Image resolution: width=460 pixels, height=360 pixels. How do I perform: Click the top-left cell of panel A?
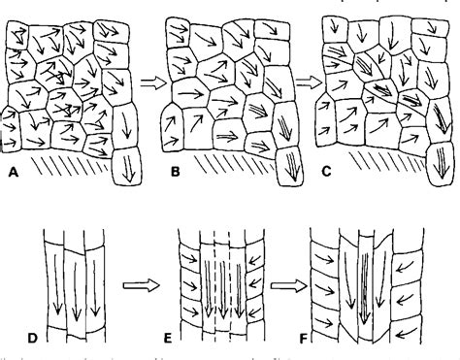[17, 37]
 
